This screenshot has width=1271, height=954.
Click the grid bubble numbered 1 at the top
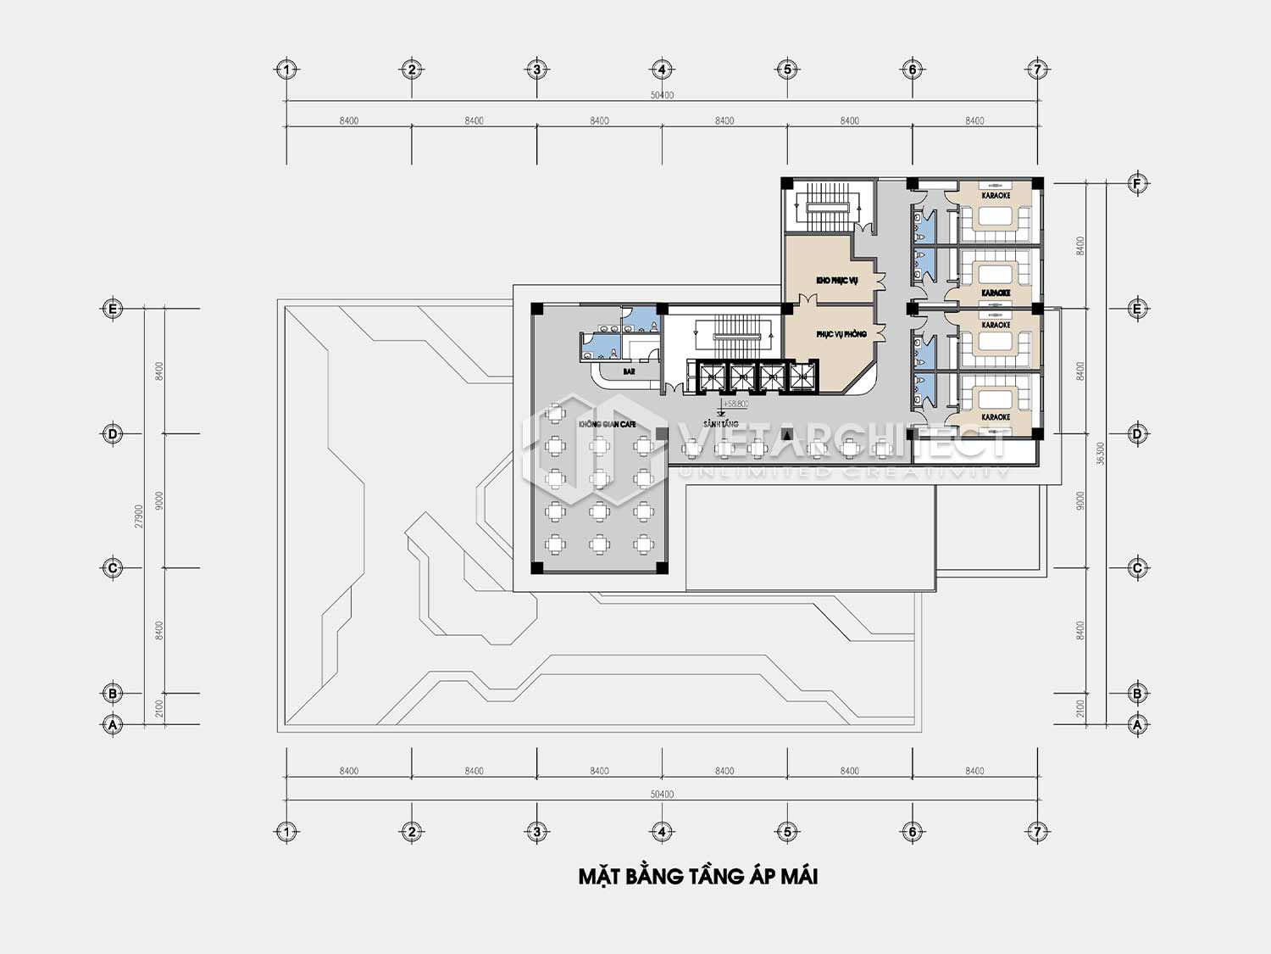click(x=286, y=70)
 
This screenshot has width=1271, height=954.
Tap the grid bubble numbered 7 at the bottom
click(x=1037, y=832)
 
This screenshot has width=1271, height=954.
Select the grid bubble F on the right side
click(x=1137, y=183)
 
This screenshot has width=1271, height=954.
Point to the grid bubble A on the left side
click(x=113, y=725)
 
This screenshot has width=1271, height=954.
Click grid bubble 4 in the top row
click(x=662, y=70)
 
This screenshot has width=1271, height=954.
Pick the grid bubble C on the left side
click(x=113, y=568)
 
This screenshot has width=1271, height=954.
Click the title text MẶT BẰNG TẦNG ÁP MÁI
click(x=697, y=877)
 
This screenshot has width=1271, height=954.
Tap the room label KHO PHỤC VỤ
click(x=836, y=280)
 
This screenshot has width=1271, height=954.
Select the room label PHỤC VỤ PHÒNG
click(x=841, y=334)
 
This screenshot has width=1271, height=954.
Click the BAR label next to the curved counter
click(x=629, y=371)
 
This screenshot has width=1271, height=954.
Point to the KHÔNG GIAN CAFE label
click(x=607, y=423)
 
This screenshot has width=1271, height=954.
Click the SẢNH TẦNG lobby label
click(x=720, y=423)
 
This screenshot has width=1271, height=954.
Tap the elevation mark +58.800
click(x=735, y=404)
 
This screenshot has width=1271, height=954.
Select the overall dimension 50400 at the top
click(x=662, y=95)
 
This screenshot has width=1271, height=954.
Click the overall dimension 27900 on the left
click(x=139, y=516)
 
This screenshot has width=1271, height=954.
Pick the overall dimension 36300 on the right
click(x=1101, y=453)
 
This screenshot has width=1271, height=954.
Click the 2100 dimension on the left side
click(x=159, y=709)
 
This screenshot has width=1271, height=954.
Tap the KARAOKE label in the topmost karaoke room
click(x=996, y=196)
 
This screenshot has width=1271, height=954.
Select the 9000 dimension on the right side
click(x=1080, y=500)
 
